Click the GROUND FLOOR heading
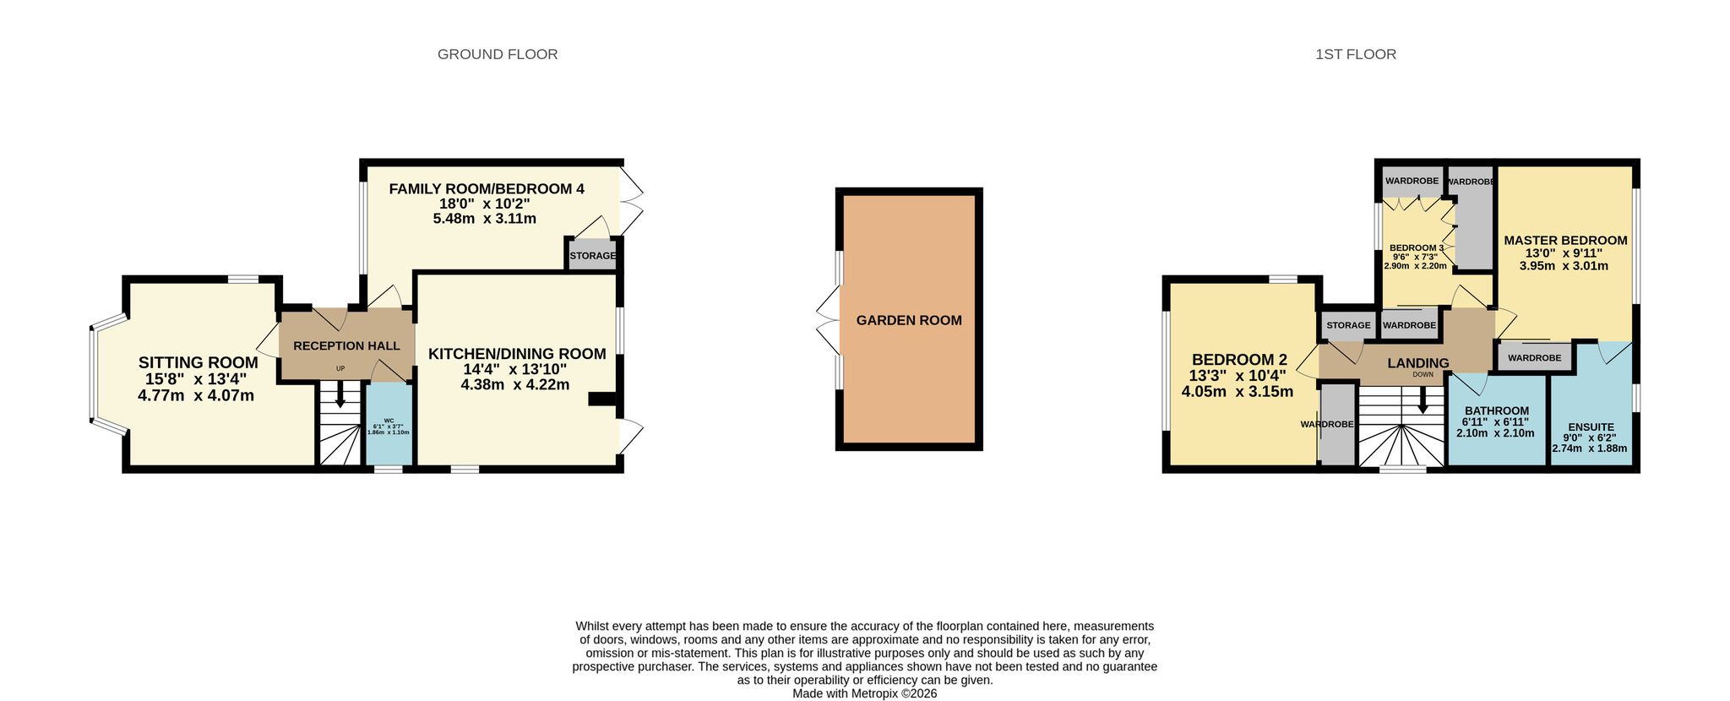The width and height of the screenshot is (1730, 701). coord(498,54)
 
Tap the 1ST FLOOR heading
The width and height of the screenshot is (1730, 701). coord(1356,54)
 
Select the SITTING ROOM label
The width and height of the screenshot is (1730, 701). coord(199,363)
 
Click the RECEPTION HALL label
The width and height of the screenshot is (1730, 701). coord(346,346)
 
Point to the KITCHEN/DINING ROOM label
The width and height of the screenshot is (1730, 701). coord(517,354)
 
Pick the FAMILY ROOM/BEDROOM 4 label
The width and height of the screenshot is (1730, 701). coord(487,189)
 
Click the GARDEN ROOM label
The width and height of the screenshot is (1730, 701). coord(909,320)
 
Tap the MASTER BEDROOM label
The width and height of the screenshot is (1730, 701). coord(1565,240)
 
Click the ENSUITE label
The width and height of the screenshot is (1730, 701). coord(1591,427)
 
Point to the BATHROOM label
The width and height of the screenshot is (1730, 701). coord(1497,411)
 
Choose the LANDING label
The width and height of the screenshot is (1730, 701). coord(1418,363)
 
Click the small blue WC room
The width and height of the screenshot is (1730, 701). coord(389,423)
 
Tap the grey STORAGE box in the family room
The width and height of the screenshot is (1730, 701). coord(592,255)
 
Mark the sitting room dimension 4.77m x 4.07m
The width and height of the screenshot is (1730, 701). coord(196,395)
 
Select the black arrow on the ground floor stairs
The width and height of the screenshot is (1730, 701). coord(340,394)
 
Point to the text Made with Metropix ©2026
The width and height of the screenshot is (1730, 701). coord(864,693)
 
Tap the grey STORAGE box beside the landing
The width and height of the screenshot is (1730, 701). coord(1348,325)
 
